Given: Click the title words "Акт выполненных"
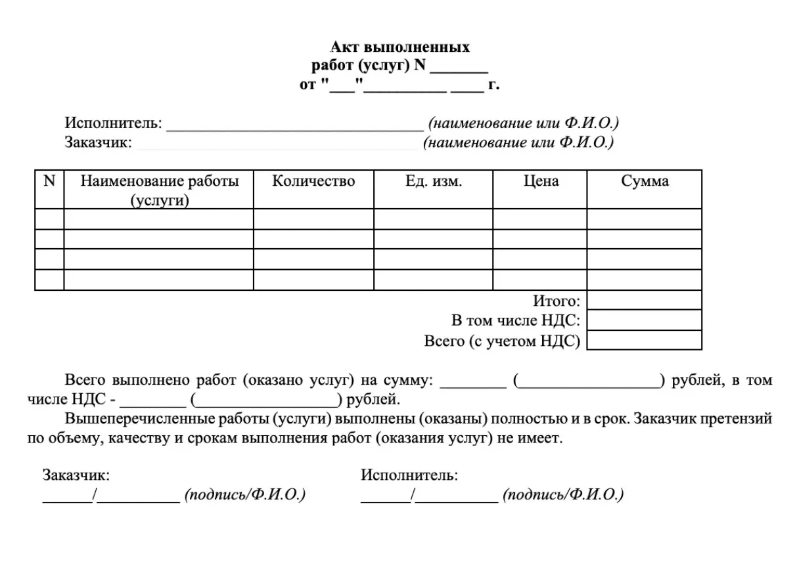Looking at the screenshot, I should (x=399, y=47).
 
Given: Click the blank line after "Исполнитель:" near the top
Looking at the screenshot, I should (x=294, y=127).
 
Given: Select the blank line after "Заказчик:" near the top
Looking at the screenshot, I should (x=277, y=146).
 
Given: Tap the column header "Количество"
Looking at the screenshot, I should (x=313, y=182).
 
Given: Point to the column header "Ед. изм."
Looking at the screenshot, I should (x=434, y=182).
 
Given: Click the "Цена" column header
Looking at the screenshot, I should (x=540, y=182).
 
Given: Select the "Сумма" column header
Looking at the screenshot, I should (x=645, y=182).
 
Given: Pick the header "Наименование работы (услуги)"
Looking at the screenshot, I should (x=159, y=190).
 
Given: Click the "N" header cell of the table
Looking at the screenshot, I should (x=49, y=182).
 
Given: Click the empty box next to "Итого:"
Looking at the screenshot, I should (x=644, y=301).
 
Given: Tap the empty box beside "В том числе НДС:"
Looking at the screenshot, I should (x=644, y=320).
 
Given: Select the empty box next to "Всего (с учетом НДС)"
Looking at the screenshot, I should (x=644, y=340).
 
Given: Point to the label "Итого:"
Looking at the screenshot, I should (x=557, y=301).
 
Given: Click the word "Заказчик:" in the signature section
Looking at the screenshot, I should (x=76, y=475).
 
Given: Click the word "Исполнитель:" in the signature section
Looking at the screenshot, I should (x=409, y=475).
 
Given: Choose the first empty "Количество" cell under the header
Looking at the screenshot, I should (x=313, y=219).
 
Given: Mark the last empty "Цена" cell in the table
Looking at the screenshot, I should (x=540, y=280).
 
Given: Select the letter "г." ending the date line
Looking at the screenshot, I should (x=493, y=85).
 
